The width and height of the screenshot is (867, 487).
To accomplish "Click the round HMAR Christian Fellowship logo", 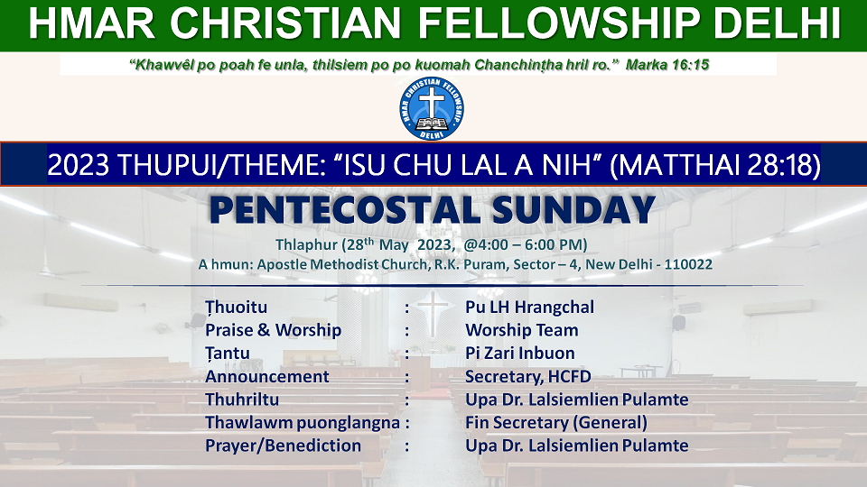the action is (432, 108).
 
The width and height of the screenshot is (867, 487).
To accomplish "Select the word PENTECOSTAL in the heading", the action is (344, 210).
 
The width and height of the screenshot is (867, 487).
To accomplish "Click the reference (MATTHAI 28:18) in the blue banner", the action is (715, 165).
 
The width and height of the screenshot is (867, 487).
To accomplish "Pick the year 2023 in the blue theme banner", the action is (79, 165).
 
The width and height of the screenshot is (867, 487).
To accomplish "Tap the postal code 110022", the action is (688, 264).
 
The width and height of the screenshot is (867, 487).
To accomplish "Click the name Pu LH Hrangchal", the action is (530, 307).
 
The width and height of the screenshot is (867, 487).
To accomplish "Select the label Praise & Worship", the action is (273, 330).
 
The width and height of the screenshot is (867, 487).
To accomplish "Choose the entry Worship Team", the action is (521, 330).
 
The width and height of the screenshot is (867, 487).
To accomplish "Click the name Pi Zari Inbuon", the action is (520, 354).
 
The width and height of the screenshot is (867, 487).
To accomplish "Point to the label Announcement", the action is (267, 377).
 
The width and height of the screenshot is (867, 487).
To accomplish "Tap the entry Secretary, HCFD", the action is (528, 377).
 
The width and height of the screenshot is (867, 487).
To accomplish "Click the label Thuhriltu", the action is (242, 400).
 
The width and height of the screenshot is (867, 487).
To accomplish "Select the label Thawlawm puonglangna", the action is (303, 423).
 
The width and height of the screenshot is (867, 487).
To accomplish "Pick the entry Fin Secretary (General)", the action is (556, 423).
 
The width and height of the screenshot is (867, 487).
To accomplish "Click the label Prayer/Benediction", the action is (283, 446).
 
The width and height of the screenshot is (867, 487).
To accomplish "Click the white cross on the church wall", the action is (433, 314).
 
